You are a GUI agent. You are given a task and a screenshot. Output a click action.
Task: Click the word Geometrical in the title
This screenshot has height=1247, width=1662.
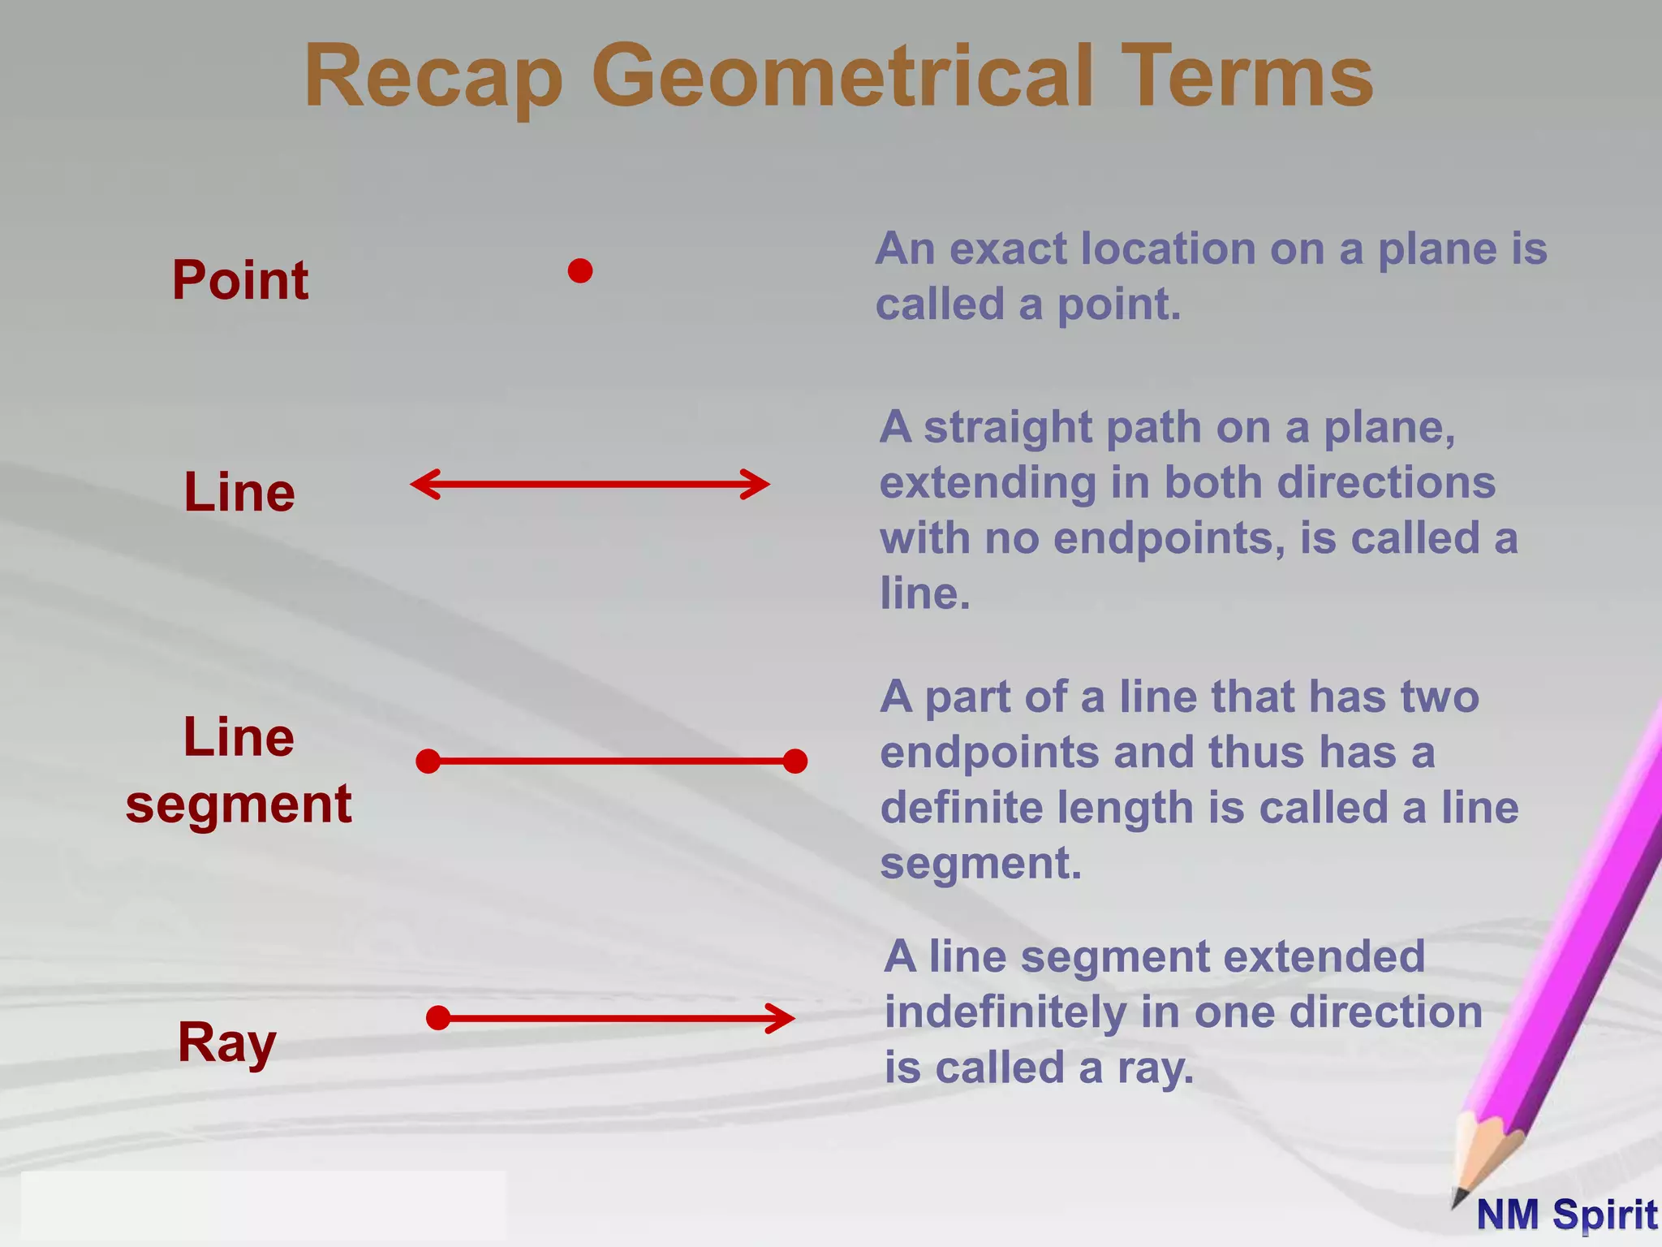click(841, 77)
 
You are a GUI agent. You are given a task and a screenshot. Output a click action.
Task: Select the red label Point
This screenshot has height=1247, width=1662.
click(240, 280)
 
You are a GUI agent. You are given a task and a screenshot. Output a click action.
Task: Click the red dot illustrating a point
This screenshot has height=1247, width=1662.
click(580, 271)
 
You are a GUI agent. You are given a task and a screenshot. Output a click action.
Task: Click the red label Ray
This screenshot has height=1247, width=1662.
click(226, 1043)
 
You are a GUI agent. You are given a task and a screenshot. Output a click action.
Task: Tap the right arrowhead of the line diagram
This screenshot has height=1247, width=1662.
click(759, 485)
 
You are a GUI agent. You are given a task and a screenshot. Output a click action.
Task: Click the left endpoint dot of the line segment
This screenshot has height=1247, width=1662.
click(428, 762)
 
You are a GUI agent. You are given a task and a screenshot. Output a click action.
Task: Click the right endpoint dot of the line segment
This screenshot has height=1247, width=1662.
click(795, 762)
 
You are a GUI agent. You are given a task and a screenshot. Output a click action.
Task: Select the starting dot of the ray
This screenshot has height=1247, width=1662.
click(438, 1018)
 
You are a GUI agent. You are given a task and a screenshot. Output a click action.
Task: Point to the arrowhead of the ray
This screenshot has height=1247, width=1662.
click(783, 1018)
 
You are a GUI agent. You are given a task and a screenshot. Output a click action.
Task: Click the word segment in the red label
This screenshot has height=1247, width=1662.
click(239, 805)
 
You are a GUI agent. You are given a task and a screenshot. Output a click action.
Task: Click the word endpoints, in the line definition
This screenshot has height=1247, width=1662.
click(1169, 539)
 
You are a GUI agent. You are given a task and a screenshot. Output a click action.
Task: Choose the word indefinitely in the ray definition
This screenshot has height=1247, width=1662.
click(1005, 1012)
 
